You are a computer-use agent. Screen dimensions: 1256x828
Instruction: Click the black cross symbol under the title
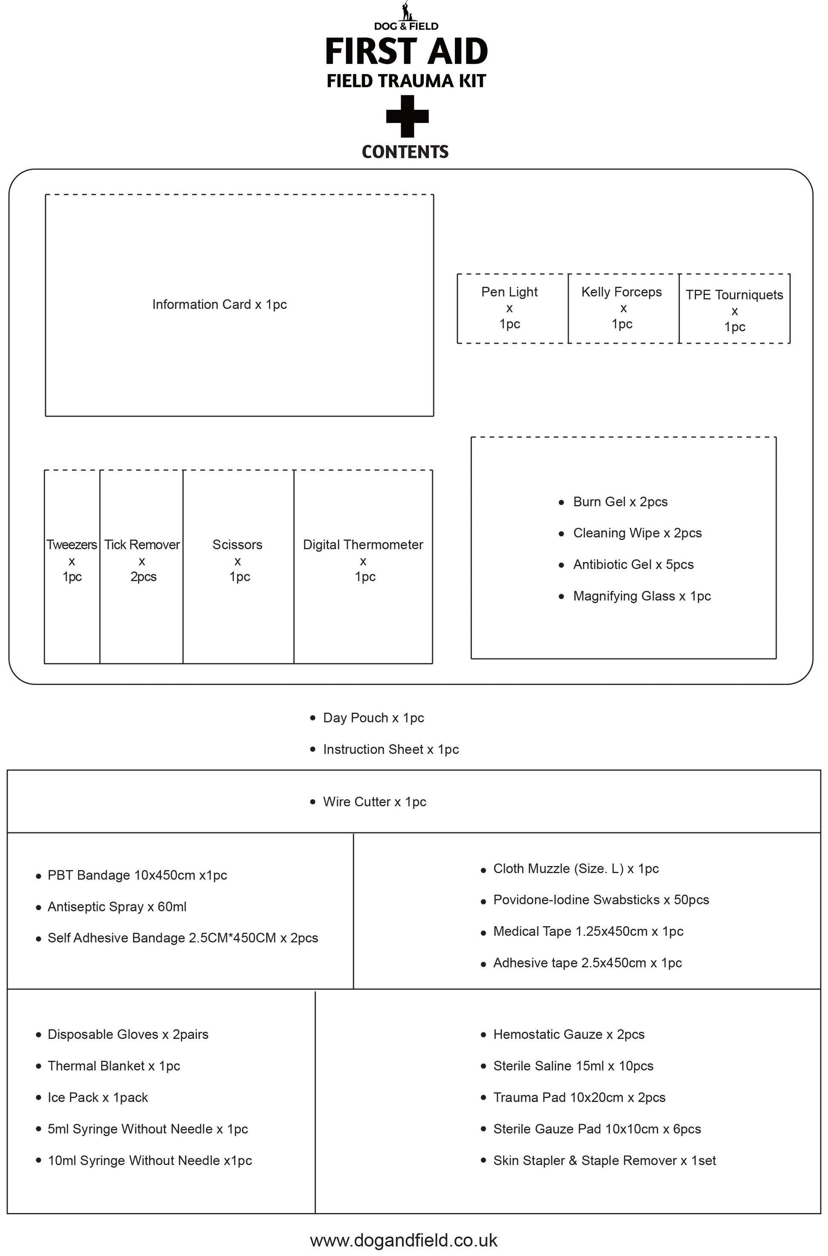click(x=407, y=116)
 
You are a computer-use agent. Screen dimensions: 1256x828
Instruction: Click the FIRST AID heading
click(x=406, y=51)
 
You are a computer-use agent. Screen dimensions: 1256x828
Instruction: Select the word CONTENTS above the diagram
click(x=405, y=152)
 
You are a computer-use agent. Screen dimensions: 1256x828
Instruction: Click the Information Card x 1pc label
click(x=219, y=305)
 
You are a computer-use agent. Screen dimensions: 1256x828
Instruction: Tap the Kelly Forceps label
click(x=622, y=292)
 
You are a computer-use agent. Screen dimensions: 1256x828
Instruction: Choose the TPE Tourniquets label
click(x=734, y=295)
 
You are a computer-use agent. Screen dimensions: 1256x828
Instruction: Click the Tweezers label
click(x=72, y=545)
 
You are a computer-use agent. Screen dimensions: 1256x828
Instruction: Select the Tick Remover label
click(x=142, y=545)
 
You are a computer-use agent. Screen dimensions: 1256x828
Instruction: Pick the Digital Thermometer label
click(x=363, y=545)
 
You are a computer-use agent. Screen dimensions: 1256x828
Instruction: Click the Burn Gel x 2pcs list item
click(x=620, y=502)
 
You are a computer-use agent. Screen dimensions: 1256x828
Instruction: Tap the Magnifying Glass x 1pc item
click(x=642, y=596)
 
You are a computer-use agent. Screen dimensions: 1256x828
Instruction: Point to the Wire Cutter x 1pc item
click(x=374, y=802)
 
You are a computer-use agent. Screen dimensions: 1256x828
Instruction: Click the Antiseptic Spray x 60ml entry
click(x=117, y=907)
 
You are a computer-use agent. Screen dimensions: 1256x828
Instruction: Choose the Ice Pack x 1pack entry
click(x=98, y=1098)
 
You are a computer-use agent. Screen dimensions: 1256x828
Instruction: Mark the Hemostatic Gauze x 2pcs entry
click(x=569, y=1034)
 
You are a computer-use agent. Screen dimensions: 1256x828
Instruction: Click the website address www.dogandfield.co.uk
click(x=403, y=1240)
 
